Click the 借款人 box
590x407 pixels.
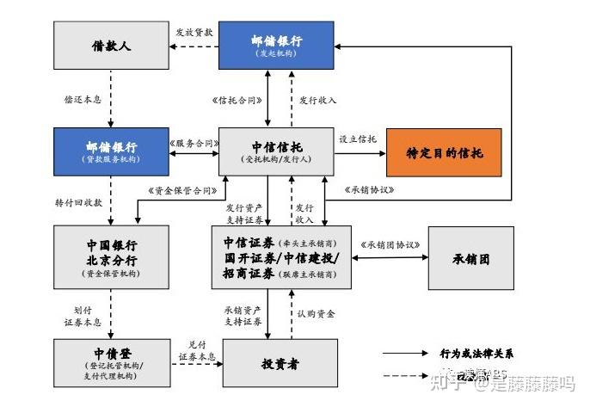click(111, 46)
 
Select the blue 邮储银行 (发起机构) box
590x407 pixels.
click(275, 46)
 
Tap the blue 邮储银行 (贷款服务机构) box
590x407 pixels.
click(111, 152)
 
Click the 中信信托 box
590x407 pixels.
click(275, 152)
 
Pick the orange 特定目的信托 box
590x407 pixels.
click(444, 152)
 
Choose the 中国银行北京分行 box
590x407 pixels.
click(111, 256)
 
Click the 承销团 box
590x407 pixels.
click(470, 258)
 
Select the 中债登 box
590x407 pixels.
click(111, 361)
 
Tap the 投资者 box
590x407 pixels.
click(275, 363)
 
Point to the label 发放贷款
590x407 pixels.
click(194, 31)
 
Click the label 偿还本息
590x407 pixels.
click(83, 99)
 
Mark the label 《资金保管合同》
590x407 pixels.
click(183, 191)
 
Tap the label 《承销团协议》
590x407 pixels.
click(391, 244)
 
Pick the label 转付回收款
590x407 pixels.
click(77, 203)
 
